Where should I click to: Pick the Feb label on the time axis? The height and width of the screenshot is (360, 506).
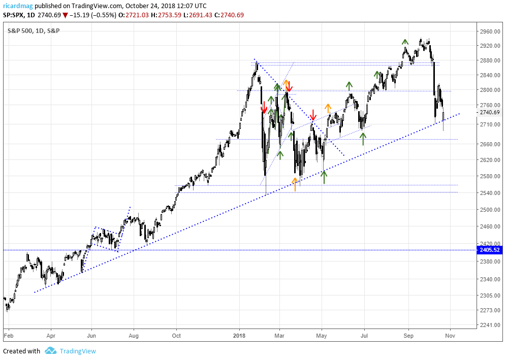click(x=8, y=336)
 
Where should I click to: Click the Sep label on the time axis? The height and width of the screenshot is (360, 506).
click(x=408, y=336)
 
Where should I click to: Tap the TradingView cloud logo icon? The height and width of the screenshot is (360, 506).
click(x=50, y=351)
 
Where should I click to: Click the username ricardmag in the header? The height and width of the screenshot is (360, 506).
click(x=18, y=6)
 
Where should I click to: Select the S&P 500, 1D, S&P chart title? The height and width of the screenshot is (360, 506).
click(x=34, y=31)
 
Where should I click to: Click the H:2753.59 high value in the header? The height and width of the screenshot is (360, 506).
click(x=169, y=15)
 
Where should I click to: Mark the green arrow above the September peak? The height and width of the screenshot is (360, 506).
click(x=405, y=42)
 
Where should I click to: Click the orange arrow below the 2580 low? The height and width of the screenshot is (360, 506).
click(x=295, y=184)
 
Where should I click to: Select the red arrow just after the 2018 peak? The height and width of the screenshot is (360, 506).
click(x=264, y=107)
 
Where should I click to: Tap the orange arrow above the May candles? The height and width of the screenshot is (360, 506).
click(x=328, y=108)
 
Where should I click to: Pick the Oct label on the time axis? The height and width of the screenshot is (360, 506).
click(x=176, y=336)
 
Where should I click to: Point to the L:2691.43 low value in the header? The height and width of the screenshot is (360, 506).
click(x=202, y=15)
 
